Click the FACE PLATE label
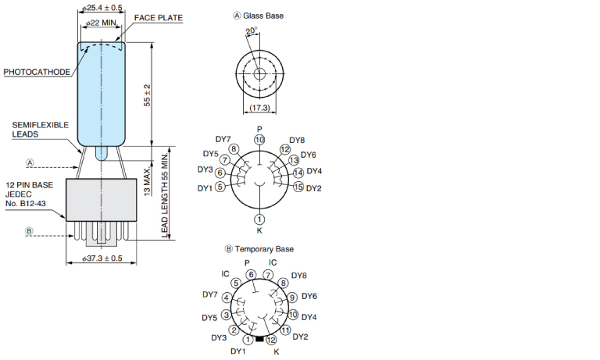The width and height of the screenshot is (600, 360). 159,18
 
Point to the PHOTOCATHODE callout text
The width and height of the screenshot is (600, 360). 37,72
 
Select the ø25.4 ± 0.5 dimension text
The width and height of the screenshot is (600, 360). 102,7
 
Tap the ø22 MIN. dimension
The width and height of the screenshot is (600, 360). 101,23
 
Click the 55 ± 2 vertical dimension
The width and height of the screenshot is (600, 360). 148,95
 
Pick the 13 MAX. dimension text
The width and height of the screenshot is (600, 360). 148,182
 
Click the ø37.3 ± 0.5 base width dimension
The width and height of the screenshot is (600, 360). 102,258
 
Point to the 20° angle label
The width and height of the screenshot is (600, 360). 252,31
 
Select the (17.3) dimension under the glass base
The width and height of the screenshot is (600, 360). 260,108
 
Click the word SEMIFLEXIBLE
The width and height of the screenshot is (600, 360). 41,125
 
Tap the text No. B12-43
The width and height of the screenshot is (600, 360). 26,204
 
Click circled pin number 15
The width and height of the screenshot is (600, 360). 298,187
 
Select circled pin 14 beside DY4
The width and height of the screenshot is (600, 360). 298,173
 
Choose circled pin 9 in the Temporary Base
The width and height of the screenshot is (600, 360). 292,298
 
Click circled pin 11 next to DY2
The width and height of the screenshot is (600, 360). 285,330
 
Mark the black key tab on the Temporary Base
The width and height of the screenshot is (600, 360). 259,339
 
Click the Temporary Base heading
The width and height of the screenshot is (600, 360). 259,249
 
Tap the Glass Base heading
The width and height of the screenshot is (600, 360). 259,16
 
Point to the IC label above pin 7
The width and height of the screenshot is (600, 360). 273,263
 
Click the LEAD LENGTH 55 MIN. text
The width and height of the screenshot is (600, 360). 165,195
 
